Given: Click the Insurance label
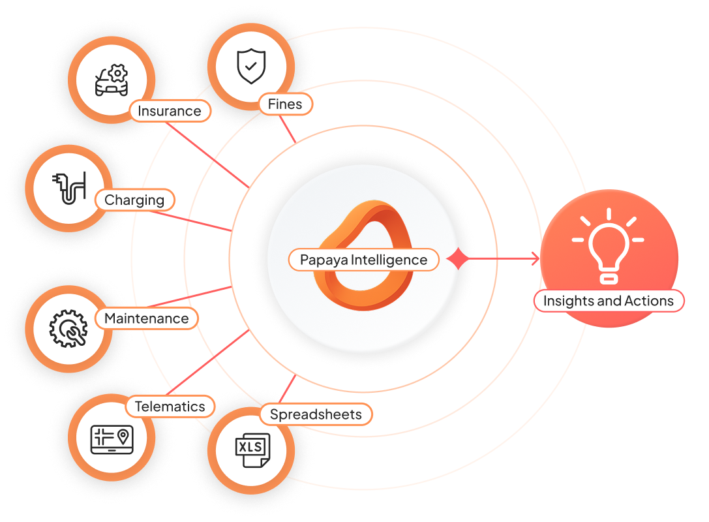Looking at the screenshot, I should tap(170, 111).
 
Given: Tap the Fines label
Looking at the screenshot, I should tap(285, 104).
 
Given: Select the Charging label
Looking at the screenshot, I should tap(135, 200).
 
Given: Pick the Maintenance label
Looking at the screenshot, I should tap(146, 318).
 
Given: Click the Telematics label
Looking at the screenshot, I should tap(170, 407).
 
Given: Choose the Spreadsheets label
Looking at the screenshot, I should tap(316, 414).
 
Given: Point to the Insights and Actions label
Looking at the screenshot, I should tap(608, 301).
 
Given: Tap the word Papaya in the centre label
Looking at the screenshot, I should tap(324, 260).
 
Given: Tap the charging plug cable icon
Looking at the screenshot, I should tap(68, 187).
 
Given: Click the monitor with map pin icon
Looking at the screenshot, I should tap(111, 439).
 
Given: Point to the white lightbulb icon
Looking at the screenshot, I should tap(608, 245).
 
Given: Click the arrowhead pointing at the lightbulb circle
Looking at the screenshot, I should tap(536, 259).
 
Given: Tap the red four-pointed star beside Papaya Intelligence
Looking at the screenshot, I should tap(459, 259).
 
